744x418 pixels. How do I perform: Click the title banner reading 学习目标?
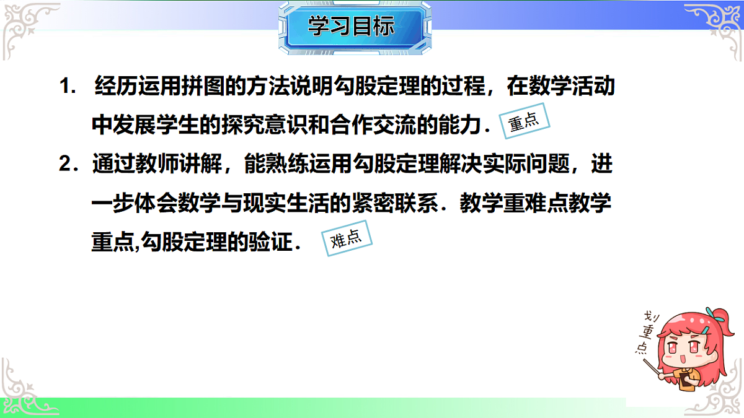(x=351, y=27)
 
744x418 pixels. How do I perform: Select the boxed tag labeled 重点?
(x=524, y=122)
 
